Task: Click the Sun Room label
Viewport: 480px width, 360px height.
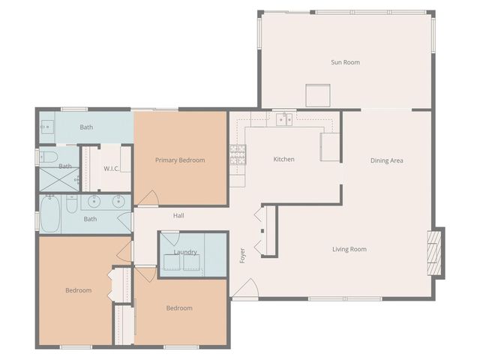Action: (x=345, y=62)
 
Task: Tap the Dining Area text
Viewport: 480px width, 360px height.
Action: (x=387, y=160)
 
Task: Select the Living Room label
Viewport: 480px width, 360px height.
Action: (x=349, y=249)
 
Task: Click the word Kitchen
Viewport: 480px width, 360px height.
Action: (x=283, y=159)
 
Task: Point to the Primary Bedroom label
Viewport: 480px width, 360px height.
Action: (x=180, y=160)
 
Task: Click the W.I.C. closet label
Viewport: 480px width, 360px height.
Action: (x=112, y=168)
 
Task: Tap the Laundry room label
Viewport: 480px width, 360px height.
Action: (x=185, y=252)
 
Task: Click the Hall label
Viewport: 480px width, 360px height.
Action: (x=178, y=216)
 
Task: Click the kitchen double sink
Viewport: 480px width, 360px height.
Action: (x=283, y=118)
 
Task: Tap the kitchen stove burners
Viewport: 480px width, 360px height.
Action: (x=238, y=154)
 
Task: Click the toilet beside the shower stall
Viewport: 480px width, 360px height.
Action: (x=48, y=157)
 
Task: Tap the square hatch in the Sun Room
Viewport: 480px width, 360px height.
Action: (x=318, y=96)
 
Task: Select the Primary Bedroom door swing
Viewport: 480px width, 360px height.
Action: (x=148, y=198)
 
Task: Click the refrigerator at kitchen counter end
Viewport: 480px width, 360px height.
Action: (x=331, y=147)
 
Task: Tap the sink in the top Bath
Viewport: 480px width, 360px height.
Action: (x=46, y=127)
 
